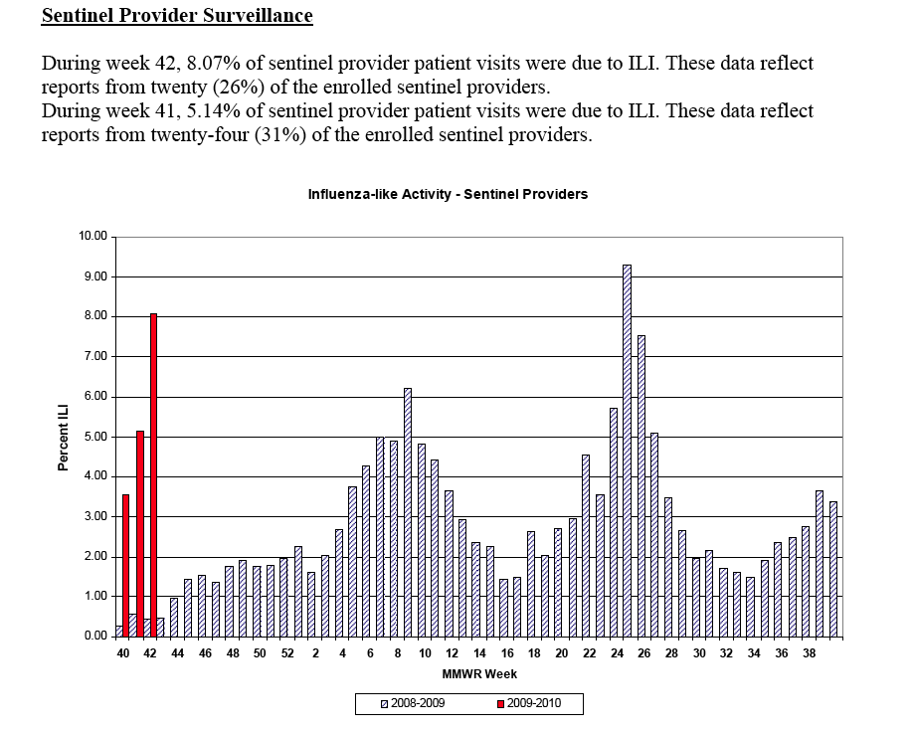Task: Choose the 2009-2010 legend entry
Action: [x=529, y=704]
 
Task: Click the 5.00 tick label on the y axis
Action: [x=95, y=437]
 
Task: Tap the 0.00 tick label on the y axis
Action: [x=95, y=636]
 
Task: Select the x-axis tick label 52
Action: [x=287, y=653]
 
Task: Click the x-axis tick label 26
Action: [x=643, y=653]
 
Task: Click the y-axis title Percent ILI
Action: [x=63, y=436]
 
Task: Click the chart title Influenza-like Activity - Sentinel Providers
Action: [x=448, y=194]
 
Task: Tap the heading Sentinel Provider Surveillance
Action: [x=177, y=16]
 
